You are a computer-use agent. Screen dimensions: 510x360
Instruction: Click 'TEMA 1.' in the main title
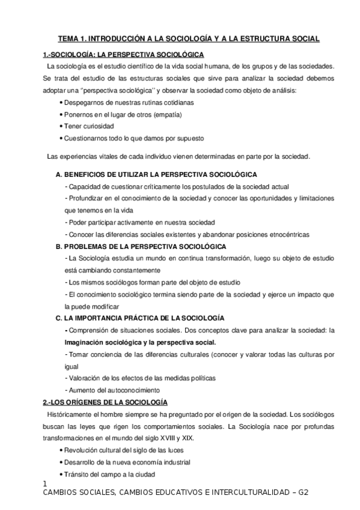click(71, 39)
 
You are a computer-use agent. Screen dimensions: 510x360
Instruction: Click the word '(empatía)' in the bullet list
click(148, 114)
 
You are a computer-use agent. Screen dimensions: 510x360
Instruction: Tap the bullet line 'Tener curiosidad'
click(89, 126)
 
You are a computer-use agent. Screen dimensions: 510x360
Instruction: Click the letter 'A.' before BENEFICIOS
click(59, 174)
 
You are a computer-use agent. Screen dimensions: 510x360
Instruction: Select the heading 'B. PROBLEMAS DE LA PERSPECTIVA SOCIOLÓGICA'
click(141, 247)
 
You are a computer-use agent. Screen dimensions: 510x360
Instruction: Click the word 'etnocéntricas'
click(307, 234)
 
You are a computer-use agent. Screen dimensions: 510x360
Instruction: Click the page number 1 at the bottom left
click(46, 484)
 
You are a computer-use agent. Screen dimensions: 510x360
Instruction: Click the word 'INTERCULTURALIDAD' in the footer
click(239, 493)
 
